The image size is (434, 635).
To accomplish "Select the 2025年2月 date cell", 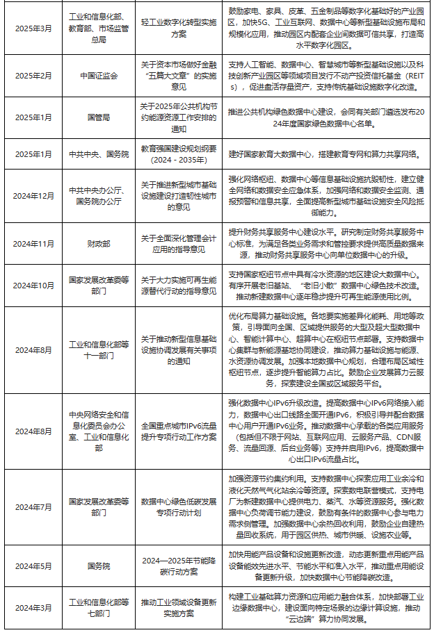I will [x=33, y=74].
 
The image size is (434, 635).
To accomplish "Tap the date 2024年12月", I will [x=33, y=196].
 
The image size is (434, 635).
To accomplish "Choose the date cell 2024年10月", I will [x=33, y=286].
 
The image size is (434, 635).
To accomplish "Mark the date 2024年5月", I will [x=33, y=566].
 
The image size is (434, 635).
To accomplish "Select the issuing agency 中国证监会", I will [x=99, y=74].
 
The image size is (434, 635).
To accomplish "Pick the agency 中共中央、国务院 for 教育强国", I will [x=99, y=153].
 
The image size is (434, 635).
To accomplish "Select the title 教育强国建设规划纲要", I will [x=179, y=153].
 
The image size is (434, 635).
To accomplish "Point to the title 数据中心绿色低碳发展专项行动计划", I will [x=179, y=507].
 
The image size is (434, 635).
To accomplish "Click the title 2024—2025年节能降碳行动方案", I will [x=179, y=566].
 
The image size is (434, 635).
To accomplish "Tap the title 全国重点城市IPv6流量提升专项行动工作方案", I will [x=179, y=431].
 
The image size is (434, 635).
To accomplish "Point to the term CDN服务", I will [x=379, y=439].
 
